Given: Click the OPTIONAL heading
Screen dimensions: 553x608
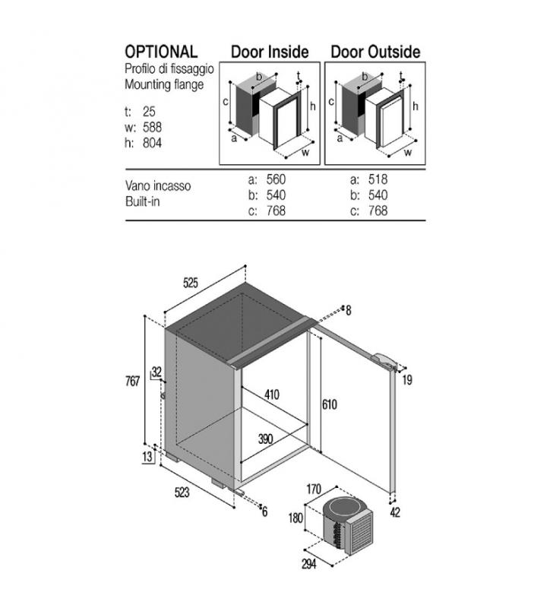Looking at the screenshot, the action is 161,52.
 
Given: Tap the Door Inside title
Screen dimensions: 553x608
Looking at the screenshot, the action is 270,52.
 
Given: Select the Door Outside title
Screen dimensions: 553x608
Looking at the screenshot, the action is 375,52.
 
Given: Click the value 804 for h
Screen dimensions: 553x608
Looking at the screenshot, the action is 152,143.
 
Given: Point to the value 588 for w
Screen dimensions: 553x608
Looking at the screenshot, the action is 152,127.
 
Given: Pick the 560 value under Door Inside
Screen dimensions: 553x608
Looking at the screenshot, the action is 276,179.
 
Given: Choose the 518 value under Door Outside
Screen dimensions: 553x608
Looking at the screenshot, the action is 378,179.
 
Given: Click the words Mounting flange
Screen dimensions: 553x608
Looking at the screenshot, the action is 164,84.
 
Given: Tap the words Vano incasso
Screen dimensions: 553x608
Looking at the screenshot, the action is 158,185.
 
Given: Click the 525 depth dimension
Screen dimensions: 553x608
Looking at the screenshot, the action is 190,283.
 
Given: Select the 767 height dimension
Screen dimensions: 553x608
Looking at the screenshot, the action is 132,382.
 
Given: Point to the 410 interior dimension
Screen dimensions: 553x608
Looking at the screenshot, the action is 272,394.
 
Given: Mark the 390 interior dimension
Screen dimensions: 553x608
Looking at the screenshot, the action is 265,439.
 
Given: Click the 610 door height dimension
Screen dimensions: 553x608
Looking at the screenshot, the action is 330,405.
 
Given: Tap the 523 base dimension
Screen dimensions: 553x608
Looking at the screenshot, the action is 182,492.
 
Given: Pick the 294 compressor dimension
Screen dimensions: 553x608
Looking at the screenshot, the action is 309,564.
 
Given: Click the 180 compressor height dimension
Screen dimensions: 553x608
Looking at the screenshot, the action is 295,518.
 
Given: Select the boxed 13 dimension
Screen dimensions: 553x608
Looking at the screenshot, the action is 147,457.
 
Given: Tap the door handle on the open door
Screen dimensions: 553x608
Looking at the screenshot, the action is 384,359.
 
